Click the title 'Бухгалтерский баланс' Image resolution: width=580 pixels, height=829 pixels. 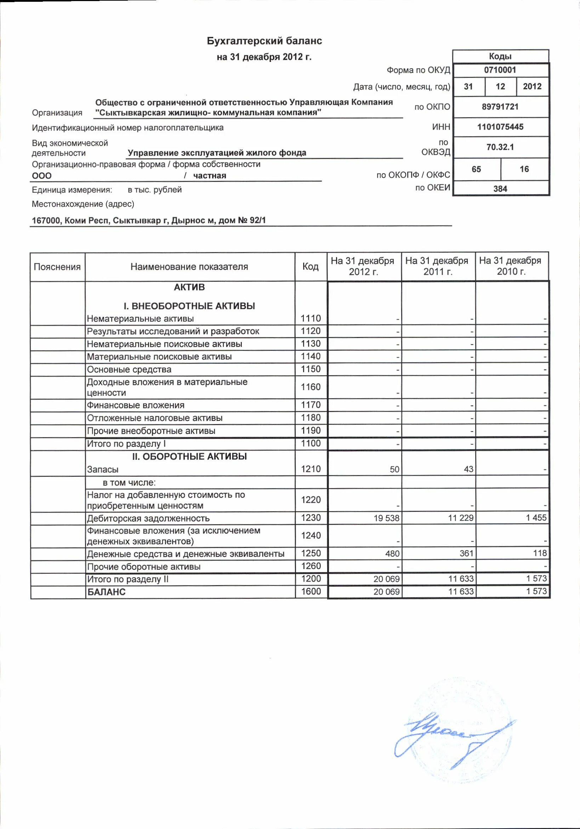pyautogui.click(x=264, y=41)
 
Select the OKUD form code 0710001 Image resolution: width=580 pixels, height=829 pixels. pyautogui.click(x=500, y=70)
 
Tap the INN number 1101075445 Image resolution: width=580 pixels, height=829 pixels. pyautogui.click(x=500, y=127)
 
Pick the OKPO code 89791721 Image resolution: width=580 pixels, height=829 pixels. pyautogui.click(x=500, y=107)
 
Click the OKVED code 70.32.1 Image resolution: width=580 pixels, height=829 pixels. pyautogui.click(x=500, y=147)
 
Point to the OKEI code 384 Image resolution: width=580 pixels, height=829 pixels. pyautogui.click(x=500, y=188)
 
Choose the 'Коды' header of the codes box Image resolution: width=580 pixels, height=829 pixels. pyautogui.click(x=500, y=56)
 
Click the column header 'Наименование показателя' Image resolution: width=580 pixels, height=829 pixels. pyautogui.click(x=189, y=267)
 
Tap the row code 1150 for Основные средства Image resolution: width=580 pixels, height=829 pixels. pyautogui.click(x=311, y=369)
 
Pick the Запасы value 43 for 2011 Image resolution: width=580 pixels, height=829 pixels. pyautogui.click(x=468, y=469)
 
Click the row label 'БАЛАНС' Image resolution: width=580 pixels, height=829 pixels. pyautogui.click(x=106, y=592)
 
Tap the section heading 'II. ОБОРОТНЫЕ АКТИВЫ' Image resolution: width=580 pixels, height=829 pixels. pyautogui.click(x=189, y=456)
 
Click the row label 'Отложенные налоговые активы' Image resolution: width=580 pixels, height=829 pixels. pyautogui.click(x=154, y=418)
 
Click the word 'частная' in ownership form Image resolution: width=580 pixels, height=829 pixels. pyautogui.click(x=210, y=176)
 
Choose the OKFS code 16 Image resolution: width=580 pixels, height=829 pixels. pyautogui.click(x=524, y=169)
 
